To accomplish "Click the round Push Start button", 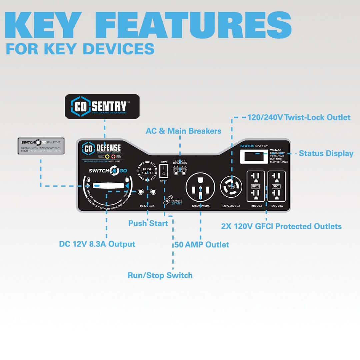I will pyautogui.click(x=147, y=171).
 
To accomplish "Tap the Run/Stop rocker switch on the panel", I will pyautogui.click(x=164, y=171).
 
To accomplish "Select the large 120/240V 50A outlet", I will pyautogui.click(x=200, y=189).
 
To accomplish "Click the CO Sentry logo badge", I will pyautogui.click(x=102, y=106).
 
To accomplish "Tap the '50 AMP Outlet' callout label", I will pyautogui.click(x=202, y=245).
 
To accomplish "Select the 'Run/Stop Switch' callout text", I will pyautogui.click(x=160, y=275).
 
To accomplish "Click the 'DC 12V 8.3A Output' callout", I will pyautogui.click(x=97, y=244).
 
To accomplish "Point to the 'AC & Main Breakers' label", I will pyautogui.click(x=183, y=131).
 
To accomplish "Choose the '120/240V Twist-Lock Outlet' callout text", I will pyautogui.click(x=299, y=117).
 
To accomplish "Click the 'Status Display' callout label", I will pyautogui.click(x=326, y=153).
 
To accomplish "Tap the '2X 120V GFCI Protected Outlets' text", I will pyautogui.click(x=281, y=226).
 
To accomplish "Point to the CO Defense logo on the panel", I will pyautogui.click(x=102, y=148).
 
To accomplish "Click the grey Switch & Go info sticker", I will pyautogui.click(x=41, y=145).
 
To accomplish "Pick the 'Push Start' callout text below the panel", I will pyautogui.click(x=148, y=223).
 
